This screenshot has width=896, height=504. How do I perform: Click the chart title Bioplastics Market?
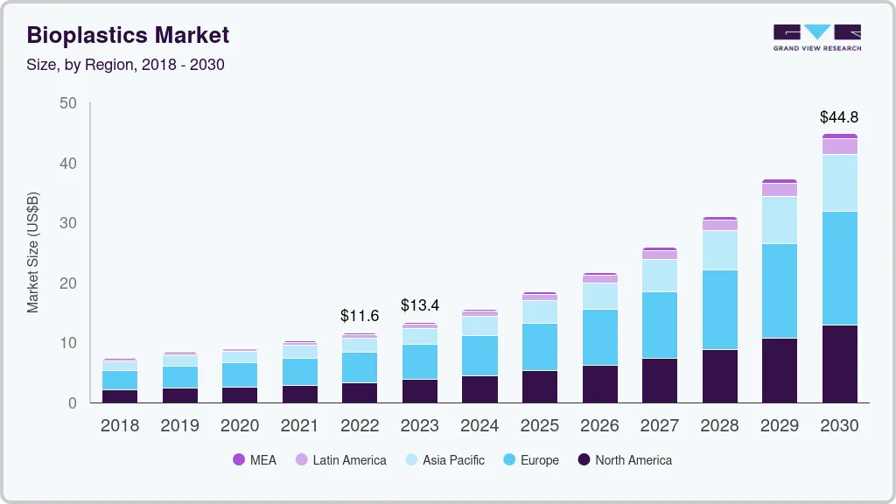(128, 35)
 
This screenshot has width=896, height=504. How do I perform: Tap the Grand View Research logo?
(816, 38)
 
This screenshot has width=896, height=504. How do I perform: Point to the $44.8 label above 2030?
(838, 116)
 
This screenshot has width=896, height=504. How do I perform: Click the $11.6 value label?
(360, 316)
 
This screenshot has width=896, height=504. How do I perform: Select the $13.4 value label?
(419, 305)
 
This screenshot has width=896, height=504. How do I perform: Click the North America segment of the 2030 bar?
(839, 363)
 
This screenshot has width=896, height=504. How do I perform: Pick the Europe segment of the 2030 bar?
(839, 268)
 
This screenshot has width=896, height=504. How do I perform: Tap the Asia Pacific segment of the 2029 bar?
(779, 220)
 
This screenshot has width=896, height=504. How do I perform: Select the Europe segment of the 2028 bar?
(719, 309)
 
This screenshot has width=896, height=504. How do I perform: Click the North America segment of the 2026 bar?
(599, 383)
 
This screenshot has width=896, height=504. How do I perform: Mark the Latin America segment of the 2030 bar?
(839, 146)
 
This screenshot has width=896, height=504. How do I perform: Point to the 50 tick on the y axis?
(67, 103)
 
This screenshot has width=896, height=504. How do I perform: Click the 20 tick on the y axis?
(67, 283)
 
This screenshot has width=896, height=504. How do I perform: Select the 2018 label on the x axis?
(119, 426)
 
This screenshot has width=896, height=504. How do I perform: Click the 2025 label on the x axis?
(539, 426)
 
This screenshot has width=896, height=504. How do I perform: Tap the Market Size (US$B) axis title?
(33, 252)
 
